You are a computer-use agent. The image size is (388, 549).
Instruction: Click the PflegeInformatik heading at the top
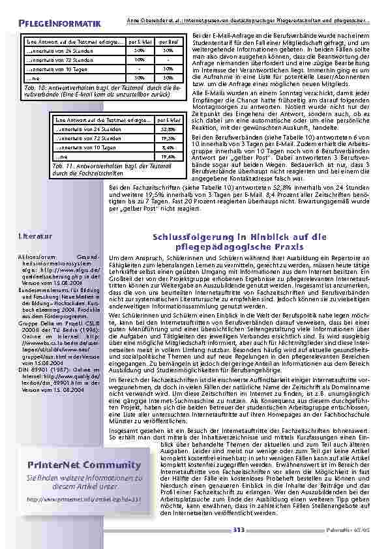[x=59, y=24]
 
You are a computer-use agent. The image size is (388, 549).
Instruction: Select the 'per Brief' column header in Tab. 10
[x=168, y=41]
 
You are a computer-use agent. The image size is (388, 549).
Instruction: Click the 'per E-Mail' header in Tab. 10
[x=140, y=41]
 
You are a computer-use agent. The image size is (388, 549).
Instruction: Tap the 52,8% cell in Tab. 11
[x=168, y=130]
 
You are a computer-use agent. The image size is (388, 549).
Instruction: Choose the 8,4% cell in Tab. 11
[x=168, y=148]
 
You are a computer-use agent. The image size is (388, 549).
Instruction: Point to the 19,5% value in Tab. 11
[x=168, y=139]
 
